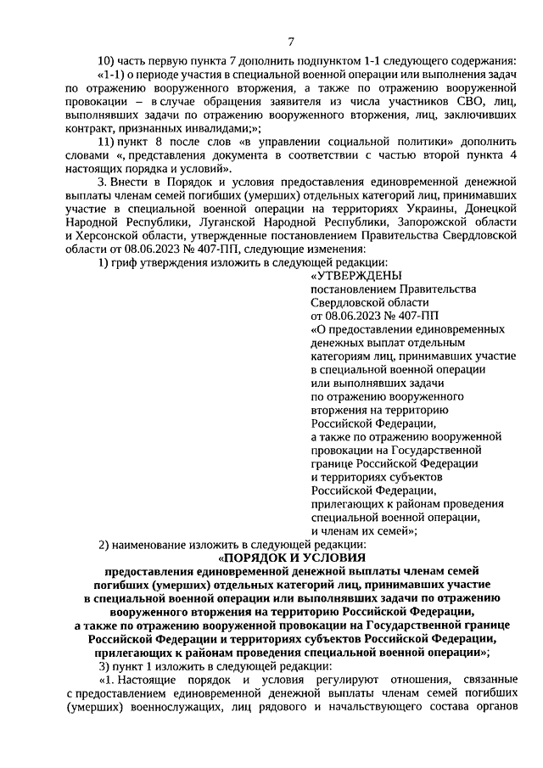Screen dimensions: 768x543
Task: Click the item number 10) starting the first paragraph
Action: click(108, 59)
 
